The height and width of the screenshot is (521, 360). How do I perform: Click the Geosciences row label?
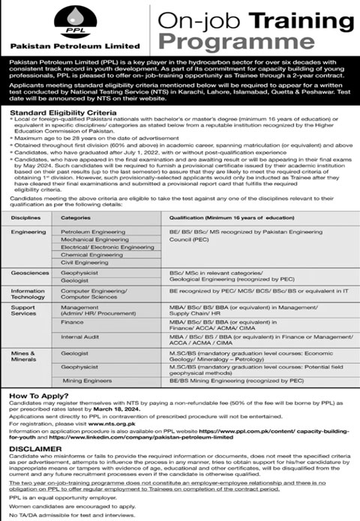coord(27,274)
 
